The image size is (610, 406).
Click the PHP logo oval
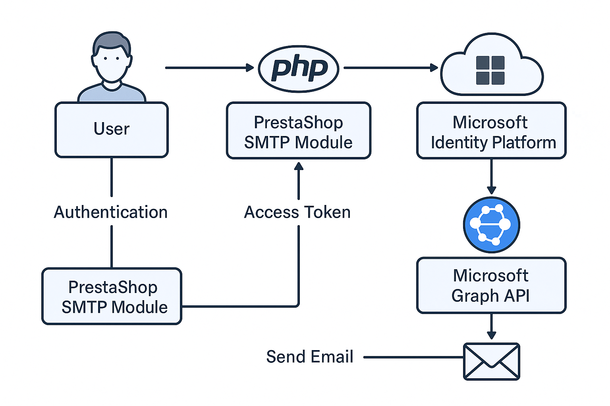(299, 69)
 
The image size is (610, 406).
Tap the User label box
(112, 130)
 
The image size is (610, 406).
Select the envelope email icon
(491, 361)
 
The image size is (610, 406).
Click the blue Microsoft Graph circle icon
(491, 225)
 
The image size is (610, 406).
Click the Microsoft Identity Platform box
(491, 130)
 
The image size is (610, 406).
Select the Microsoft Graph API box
(491, 285)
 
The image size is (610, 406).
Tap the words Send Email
(309, 357)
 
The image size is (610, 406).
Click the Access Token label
(297, 213)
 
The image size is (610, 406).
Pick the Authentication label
(111, 213)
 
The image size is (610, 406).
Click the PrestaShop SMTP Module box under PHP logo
(299, 130)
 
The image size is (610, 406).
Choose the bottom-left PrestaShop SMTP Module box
(112, 296)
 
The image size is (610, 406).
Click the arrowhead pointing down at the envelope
(491, 335)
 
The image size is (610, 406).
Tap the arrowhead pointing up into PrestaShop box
(299, 166)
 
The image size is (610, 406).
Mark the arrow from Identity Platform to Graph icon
(491, 176)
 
